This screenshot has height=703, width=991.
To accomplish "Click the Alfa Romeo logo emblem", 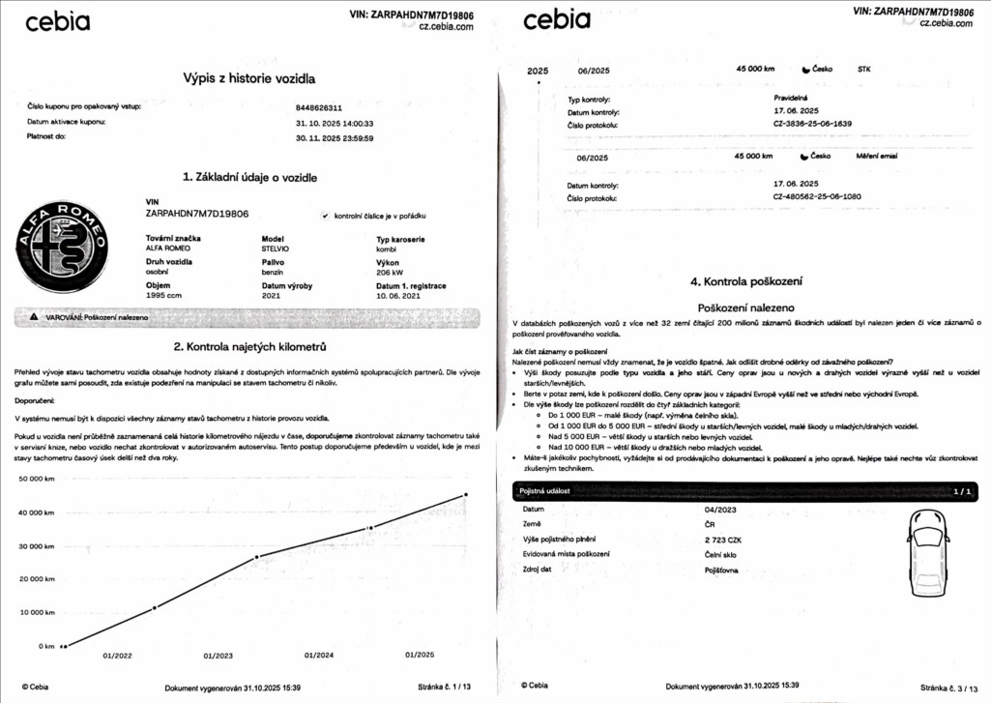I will [x=71, y=248].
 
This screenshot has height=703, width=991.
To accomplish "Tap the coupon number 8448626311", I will [x=319, y=108].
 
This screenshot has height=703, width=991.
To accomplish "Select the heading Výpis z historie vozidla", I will [x=249, y=77].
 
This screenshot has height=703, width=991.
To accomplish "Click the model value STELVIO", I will [x=276, y=249].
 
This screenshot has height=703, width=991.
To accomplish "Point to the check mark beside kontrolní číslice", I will [x=325, y=216].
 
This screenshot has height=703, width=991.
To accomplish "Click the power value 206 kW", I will [x=390, y=273].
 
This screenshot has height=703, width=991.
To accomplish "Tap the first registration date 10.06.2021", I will [x=398, y=296].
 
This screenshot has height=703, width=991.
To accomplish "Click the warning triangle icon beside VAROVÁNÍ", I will [x=34, y=316].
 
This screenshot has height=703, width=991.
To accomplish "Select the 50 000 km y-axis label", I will [x=37, y=479].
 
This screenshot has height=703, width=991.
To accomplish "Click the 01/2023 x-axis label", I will [x=219, y=656].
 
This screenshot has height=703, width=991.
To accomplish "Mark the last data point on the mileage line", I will [x=466, y=494].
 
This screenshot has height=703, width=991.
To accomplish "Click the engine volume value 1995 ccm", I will [x=163, y=296].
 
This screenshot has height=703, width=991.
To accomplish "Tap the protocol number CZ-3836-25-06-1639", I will [x=812, y=124].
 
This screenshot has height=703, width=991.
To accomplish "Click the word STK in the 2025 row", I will [x=863, y=70].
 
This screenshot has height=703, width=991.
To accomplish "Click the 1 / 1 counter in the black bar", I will [x=962, y=491].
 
